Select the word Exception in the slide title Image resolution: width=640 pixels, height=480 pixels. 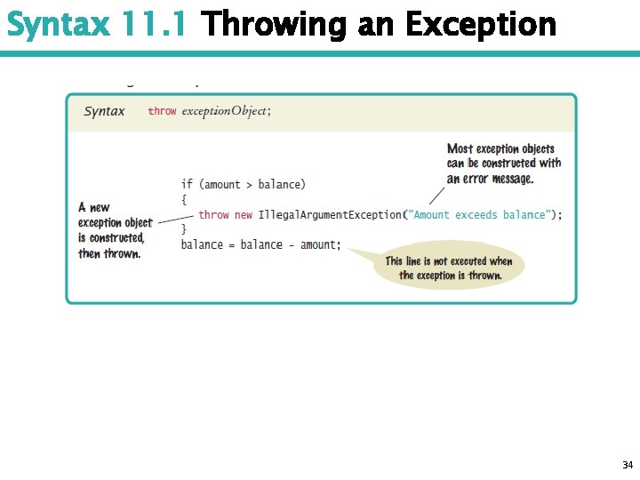pyautogui.click(x=481, y=25)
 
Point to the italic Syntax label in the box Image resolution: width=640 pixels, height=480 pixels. pyautogui.click(x=104, y=112)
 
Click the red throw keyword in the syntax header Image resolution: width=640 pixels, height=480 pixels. pyautogui.click(x=162, y=112)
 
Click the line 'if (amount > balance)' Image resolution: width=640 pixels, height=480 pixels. pyautogui.click(x=243, y=184)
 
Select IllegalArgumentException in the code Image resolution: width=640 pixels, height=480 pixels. pyautogui.click(x=330, y=214)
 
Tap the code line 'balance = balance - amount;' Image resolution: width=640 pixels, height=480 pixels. pyautogui.click(x=260, y=244)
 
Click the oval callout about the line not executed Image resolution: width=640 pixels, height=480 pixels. pyautogui.click(x=450, y=268)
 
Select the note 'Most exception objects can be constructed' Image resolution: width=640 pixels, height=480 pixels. pyautogui.click(x=503, y=164)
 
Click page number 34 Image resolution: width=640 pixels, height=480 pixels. pyautogui.click(x=628, y=465)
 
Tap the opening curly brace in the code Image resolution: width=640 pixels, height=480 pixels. pyautogui.click(x=184, y=199)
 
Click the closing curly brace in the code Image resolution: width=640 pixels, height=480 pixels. pyautogui.click(x=184, y=229)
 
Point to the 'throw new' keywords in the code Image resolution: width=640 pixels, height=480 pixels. pyautogui.click(x=226, y=214)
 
